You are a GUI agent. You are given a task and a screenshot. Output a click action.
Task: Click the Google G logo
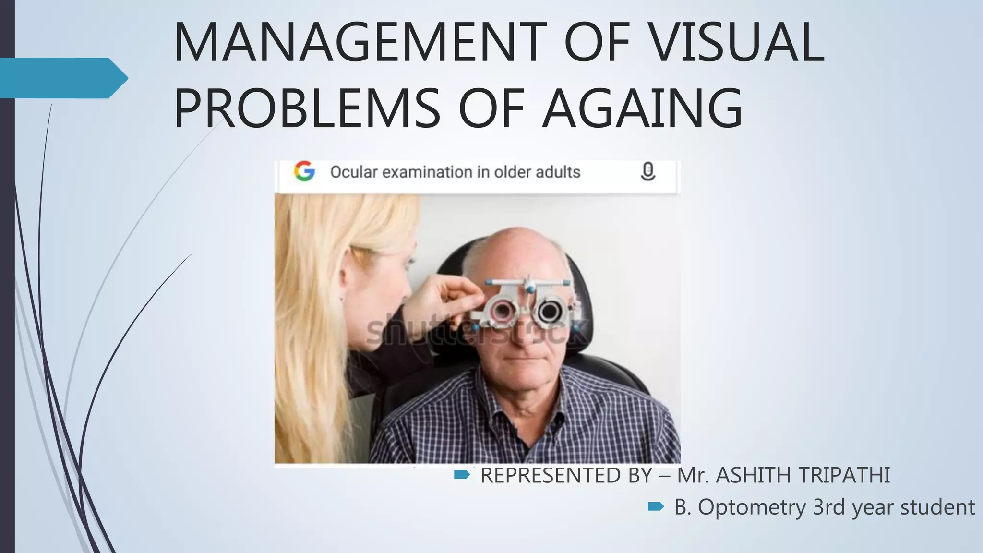[x=304, y=171]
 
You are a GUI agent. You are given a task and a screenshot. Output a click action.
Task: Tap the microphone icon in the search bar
[x=647, y=171]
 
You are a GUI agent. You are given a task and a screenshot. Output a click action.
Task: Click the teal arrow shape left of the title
[x=62, y=78]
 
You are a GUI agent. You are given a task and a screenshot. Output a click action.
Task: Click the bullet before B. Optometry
[x=656, y=506]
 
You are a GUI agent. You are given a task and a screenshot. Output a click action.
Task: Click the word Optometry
[x=752, y=507]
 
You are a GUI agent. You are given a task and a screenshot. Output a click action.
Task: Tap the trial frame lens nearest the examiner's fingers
[x=501, y=311]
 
